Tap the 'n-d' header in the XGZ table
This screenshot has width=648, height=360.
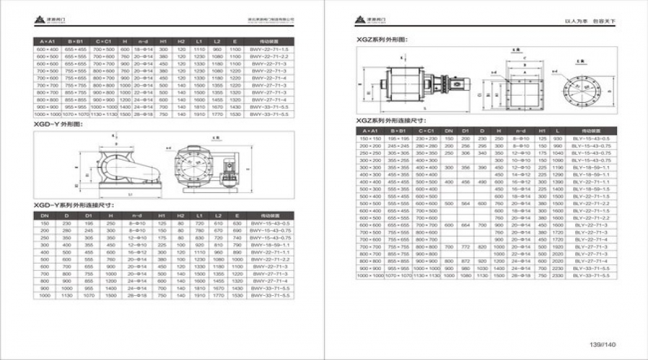click(536, 130)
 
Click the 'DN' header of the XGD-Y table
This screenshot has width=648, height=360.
click(45, 215)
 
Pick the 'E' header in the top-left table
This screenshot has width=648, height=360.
click(235, 41)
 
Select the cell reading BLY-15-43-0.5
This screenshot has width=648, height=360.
click(591, 138)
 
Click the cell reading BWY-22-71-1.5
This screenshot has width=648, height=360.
click(270, 48)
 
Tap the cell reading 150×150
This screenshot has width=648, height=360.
click(370, 138)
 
